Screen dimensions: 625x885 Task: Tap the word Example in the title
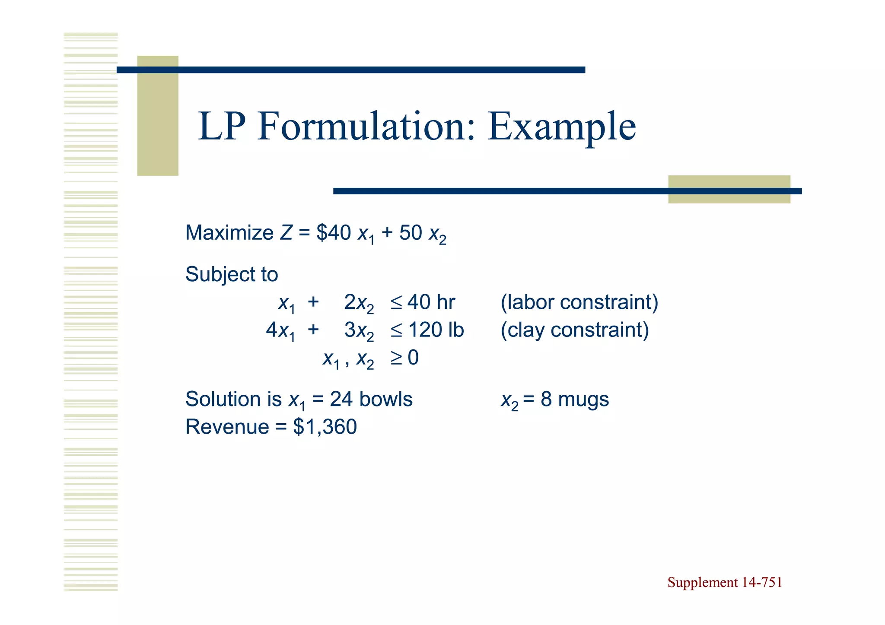[561, 127]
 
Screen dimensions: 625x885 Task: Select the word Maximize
[229, 233]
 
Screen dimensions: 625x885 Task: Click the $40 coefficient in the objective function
[333, 233]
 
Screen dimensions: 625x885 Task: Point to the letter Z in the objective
[286, 233]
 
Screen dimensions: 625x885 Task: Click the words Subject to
[232, 274]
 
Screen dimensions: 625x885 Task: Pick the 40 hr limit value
[431, 302]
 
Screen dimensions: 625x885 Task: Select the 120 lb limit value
[436, 330]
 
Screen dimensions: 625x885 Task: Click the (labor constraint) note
[579, 302]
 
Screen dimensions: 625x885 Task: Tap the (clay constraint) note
[574, 330]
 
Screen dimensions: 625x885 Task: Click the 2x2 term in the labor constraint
[359, 303]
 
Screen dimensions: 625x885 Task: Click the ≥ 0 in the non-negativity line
[404, 358]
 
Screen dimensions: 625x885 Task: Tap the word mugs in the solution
[583, 399]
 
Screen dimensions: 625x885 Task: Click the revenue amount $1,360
[325, 427]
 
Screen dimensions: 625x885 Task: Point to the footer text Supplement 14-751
[725, 582]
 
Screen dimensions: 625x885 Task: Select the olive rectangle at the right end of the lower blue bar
[729, 189]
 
